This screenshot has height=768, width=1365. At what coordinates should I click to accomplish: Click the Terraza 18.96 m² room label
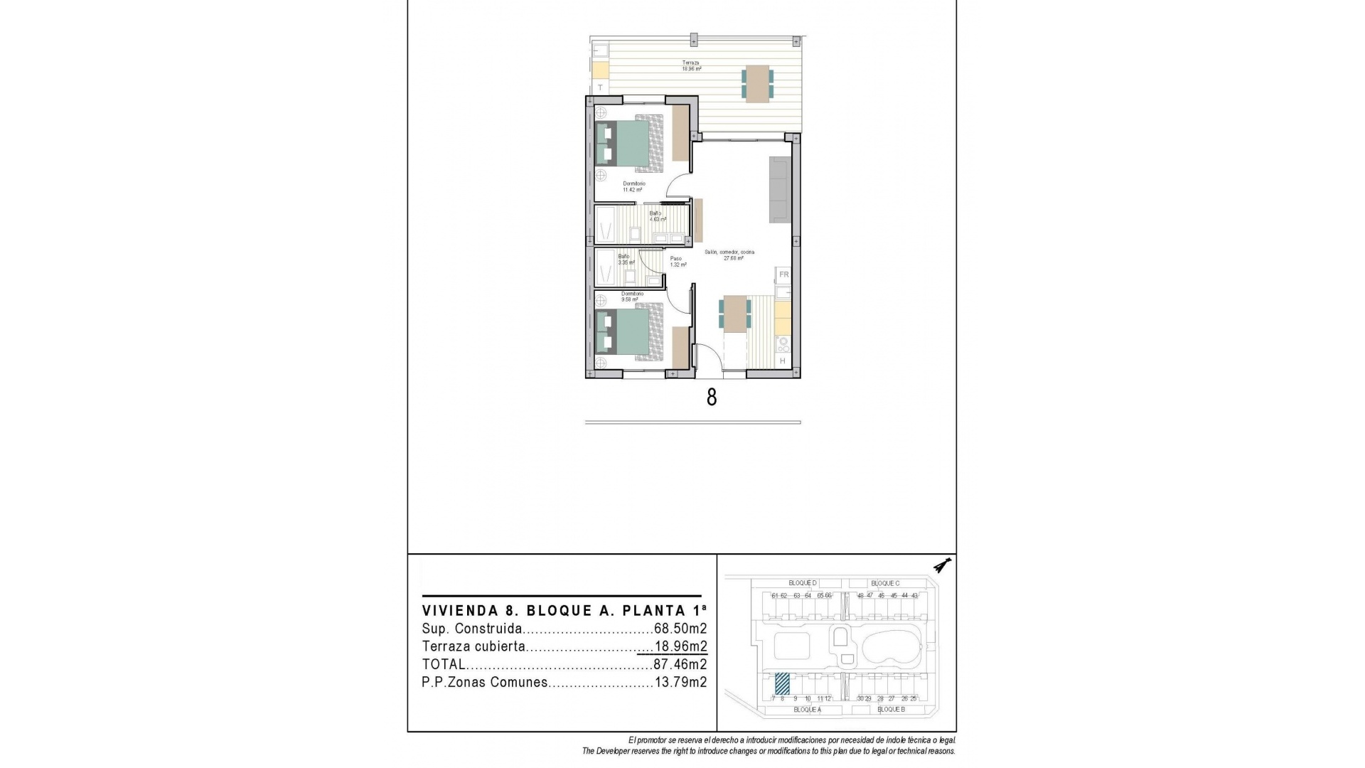(691, 66)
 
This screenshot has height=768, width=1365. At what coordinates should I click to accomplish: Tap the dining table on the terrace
(757, 83)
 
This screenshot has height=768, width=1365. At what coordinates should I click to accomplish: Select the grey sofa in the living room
(779, 188)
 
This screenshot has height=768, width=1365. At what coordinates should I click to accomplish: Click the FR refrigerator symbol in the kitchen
(783, 274)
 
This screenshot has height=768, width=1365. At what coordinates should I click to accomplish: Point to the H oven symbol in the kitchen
(783, 361)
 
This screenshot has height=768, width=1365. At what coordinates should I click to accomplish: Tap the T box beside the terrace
(601, 87)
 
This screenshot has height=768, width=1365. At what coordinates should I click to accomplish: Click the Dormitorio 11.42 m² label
(633, 187)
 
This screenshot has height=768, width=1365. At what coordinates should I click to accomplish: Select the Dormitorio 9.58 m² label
(631, 297)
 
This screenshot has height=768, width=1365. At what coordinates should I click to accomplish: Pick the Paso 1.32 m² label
(678, 262)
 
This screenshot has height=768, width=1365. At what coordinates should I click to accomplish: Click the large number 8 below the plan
(712, 397)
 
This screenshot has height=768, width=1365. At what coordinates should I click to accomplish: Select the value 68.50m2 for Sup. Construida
(680, 629)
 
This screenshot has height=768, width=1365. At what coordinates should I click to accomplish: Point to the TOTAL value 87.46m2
(680, 665)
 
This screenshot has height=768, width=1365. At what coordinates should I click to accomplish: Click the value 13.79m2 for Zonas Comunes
(680, 683)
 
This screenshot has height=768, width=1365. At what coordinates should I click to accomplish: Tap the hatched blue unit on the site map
(782, 683)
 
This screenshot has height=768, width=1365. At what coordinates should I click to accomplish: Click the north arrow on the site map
(943, 566)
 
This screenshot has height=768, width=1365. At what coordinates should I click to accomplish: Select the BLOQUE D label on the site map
(803, 583)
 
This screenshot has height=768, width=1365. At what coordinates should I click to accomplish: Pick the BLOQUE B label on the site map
(891, 710)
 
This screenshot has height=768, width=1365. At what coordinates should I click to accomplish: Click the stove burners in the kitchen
(783, 345)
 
